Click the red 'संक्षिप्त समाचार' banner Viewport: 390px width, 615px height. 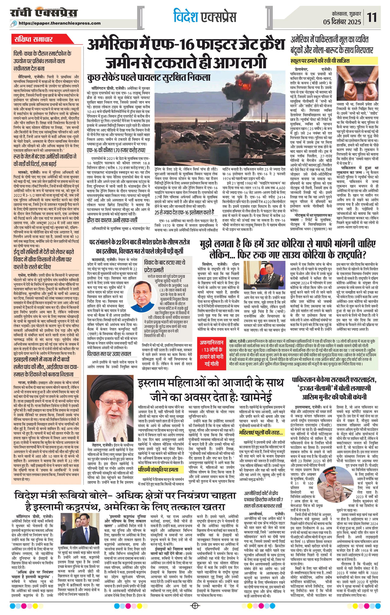[x=33, y=39]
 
